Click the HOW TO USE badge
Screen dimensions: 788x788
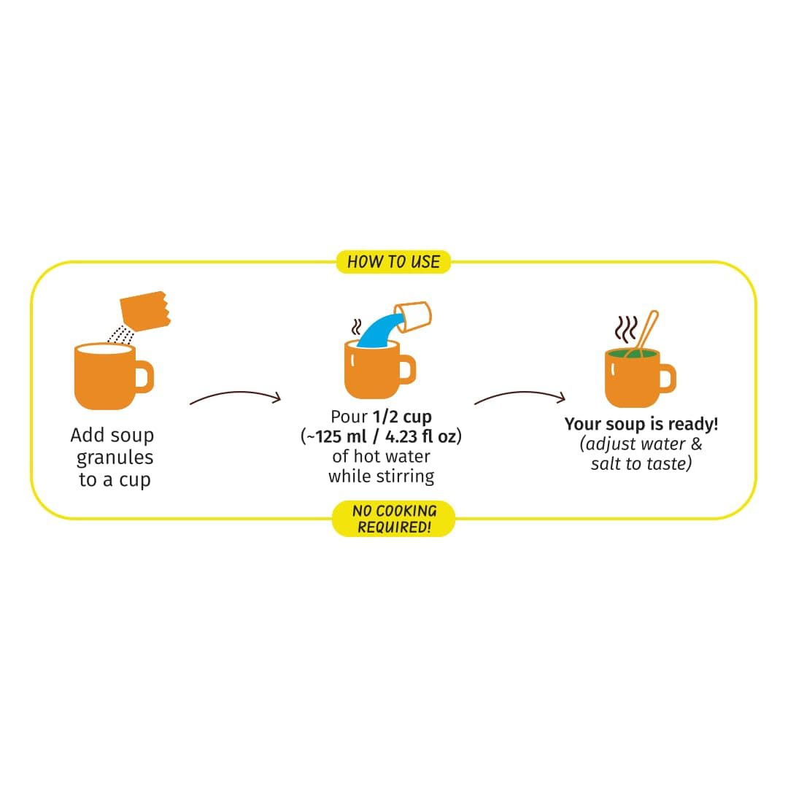click(393, 262)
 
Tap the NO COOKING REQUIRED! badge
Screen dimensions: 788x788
click(393, 519)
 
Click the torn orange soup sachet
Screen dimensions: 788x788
click(145, 311)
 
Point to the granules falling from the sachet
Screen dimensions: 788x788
click(121, 335)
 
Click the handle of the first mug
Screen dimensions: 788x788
click(144, 377)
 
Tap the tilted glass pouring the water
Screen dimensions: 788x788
click(413, 317)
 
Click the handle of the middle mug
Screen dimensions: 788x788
click(408, 370)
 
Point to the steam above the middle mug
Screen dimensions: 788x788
click(356, 327)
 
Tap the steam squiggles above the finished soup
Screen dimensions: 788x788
click(626, 329)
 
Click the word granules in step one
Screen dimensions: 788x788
click(115, 458)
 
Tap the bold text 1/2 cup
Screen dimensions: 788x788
click(402, 417)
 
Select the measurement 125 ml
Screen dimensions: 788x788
click(341, 436)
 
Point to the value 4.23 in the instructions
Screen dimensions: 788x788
click(401, 436)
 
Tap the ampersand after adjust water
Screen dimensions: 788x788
click(696, 444)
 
